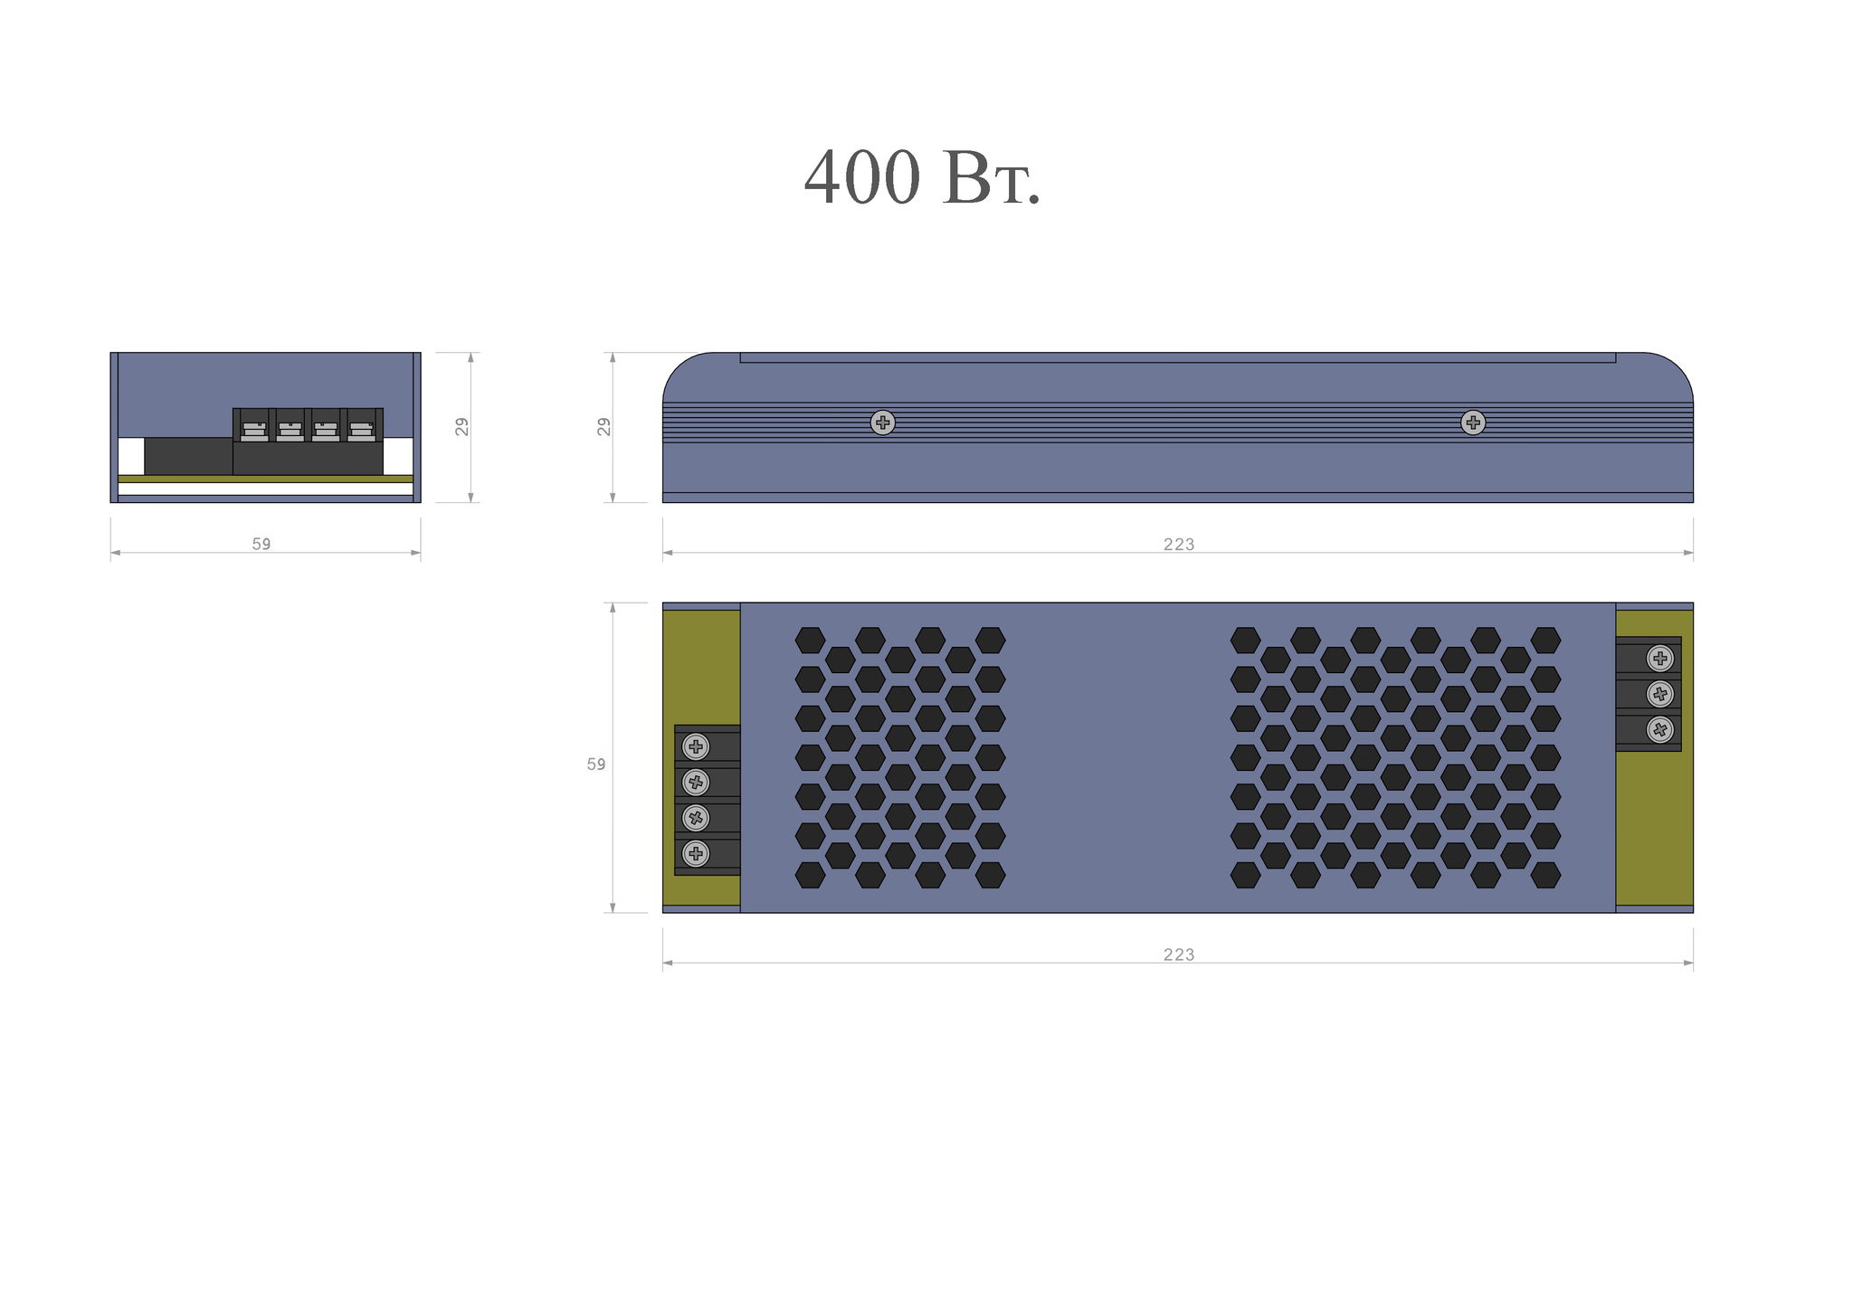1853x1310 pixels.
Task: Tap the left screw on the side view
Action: [x=883, y=422]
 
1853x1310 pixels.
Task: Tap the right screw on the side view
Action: [x=1473, y=422]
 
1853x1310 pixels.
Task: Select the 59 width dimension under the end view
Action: [x=261, y=544]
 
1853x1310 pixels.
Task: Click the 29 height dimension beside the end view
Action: [x=462, y=427]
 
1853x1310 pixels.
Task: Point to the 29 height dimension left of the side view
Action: [x=603, y=427]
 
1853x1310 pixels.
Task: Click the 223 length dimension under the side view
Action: [x=1179, y=544]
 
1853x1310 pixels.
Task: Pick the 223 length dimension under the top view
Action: [x=1179, y=954]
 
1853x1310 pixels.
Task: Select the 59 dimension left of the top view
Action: [x=596, y=764]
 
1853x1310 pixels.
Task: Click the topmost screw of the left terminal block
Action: [x=696, y=746]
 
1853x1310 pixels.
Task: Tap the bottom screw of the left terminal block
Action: [x=696, y=853]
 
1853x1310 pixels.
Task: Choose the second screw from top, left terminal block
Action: [x=696, y=782]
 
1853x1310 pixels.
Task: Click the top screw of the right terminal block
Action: [x=1660, y=659]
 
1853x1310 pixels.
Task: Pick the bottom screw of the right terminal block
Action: [x=1660, y=729]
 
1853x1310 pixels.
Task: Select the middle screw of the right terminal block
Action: [x=1660, y=694]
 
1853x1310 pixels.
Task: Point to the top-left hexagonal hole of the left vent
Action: [x=810, y=641]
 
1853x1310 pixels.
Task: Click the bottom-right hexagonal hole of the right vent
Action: [x=1545, y=875]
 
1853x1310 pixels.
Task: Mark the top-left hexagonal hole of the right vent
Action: [x=1246, y=641]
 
